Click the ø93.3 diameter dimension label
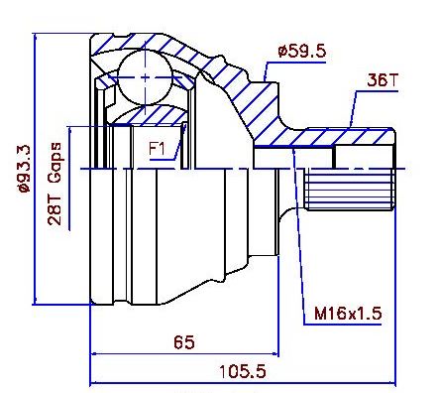[24, 169]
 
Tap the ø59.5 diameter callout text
[302, 52]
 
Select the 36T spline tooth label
[383, 79]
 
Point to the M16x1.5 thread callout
[348, 314]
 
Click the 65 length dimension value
[184, 342]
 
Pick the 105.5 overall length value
[243, 371]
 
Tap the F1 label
[157, 149]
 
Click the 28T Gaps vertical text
[55, 184]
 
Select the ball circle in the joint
[146, 77]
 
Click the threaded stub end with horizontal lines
[350, 189]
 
